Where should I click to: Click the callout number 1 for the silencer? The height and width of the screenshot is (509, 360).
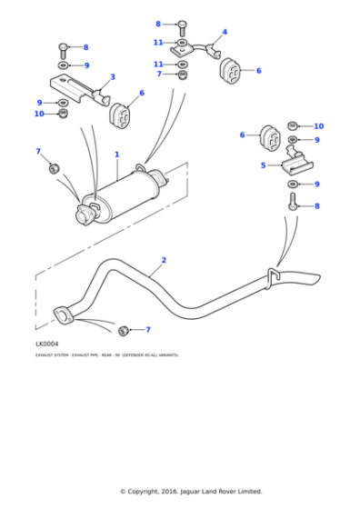[x=116, y=155]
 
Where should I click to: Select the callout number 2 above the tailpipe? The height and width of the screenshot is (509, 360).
[x=164, y=261]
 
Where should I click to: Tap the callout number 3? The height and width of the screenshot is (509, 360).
[x=112, y=77]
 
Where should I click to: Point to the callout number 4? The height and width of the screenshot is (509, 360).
[x=225, y=32]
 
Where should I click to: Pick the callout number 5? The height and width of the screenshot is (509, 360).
[x=263, y=165]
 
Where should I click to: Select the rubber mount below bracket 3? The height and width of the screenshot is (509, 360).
[x=120, y=116]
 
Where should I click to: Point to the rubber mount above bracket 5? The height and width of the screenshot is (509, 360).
[x=272, y=136]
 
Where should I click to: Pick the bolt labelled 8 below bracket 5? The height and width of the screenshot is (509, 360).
[x=293, y=201]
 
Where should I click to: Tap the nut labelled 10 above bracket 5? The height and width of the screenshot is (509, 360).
[x=293, y=125]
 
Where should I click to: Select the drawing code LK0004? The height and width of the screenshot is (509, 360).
[x=46, y=344]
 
